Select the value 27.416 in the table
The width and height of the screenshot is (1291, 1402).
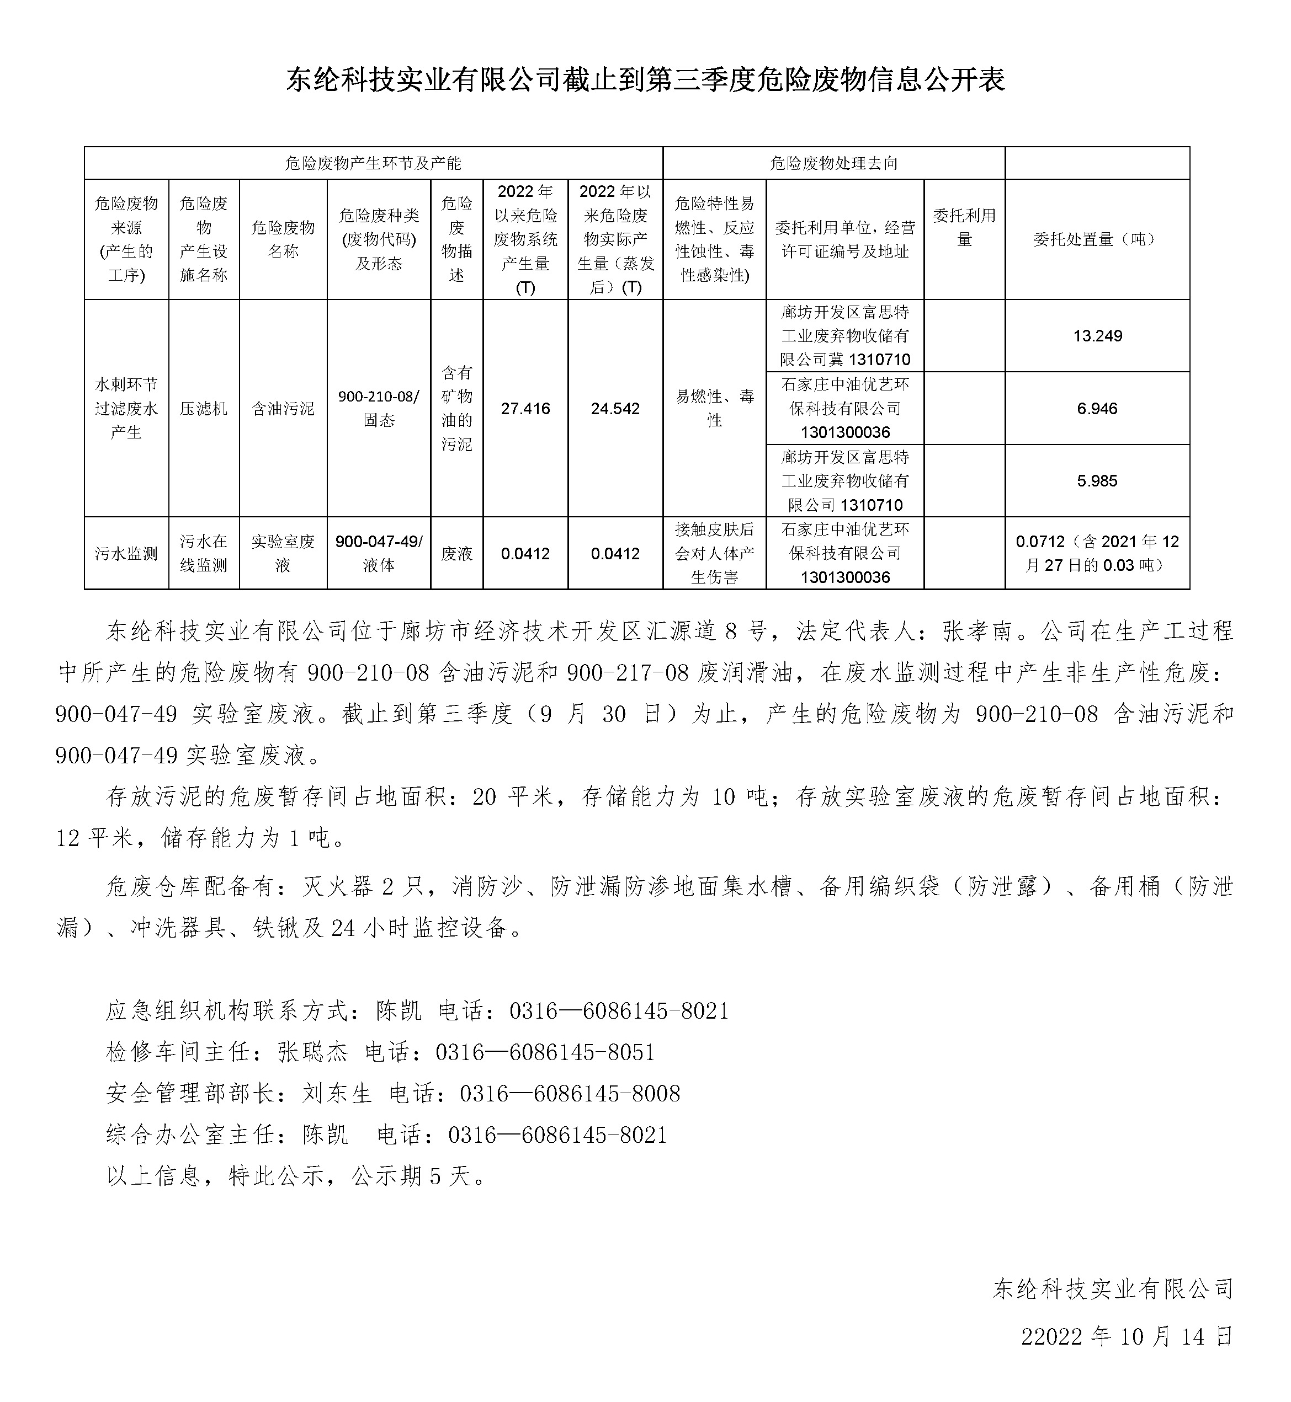coord(525,409)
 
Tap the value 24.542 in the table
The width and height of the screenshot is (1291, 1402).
coord(615,409)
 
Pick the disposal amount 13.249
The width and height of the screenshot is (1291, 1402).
coord(1097,336)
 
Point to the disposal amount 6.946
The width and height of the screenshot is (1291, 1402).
coord(1097,409)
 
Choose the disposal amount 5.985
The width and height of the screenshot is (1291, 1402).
coord(1097,481)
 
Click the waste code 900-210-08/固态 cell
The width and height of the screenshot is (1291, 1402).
coord(379,409)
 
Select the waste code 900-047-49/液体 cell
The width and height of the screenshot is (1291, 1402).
coord(379,554)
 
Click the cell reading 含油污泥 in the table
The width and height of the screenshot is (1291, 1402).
coord(283,409)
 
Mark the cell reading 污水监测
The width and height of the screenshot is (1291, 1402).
coord(126,554)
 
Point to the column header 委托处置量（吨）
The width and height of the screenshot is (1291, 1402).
coord(1097,239)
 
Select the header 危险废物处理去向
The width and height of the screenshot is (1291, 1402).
coord(833,163)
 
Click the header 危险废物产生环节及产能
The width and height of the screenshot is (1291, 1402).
coord(373,163)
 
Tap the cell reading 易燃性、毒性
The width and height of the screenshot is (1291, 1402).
coord(715,409)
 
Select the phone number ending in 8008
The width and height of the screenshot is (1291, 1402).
coord(570,1093)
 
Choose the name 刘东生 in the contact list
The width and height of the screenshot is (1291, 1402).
coord(337,1093)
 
